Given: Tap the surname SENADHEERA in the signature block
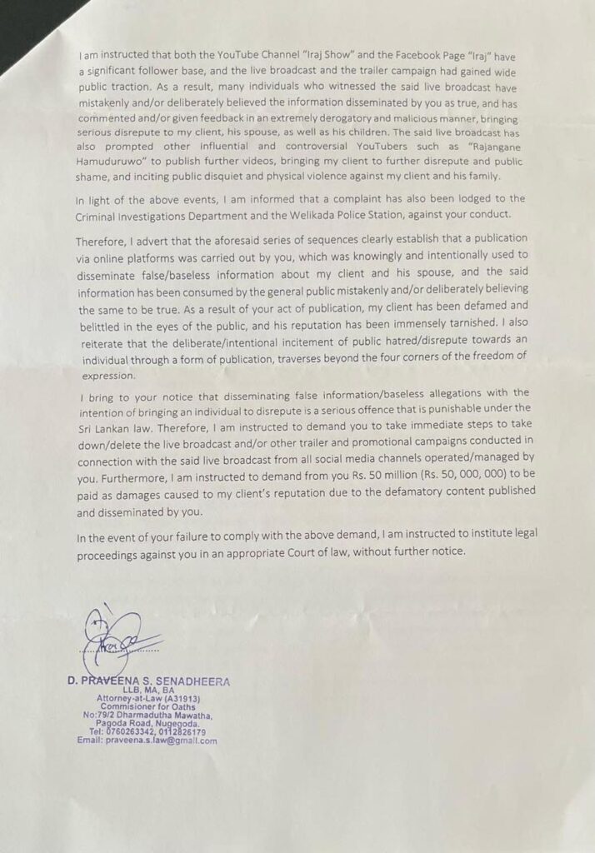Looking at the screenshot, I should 192,681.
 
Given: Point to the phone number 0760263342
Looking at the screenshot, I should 127,731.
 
